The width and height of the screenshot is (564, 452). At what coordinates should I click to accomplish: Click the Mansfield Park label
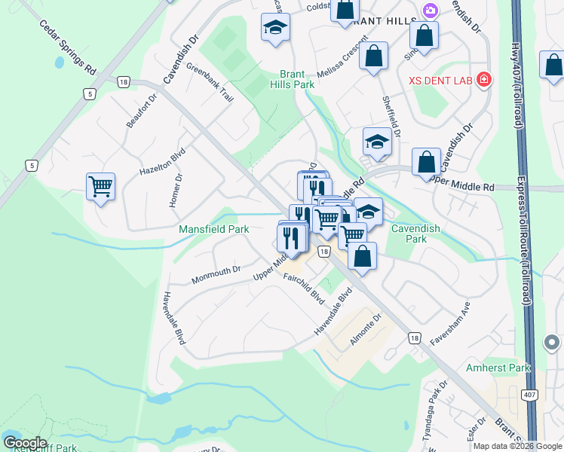point(213,229)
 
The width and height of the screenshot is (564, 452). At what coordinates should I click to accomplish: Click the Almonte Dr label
point(366,329)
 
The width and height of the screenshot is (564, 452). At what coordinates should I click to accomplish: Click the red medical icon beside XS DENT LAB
point(483,78)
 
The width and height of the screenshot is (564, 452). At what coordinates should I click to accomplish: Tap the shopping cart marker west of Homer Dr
point(100,185)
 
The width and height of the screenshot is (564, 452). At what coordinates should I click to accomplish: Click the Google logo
point(24,442)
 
